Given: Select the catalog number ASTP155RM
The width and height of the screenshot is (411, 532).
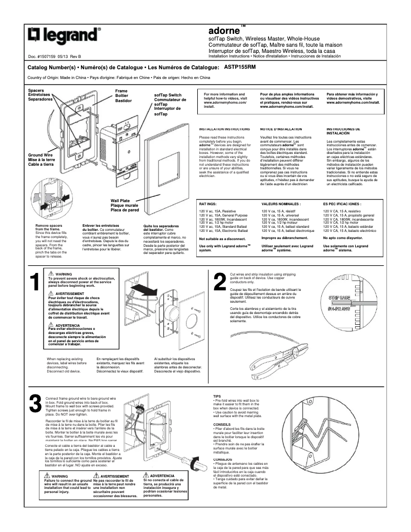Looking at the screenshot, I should coord(240,67).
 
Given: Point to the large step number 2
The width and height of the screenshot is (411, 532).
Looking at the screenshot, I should coord(219,282).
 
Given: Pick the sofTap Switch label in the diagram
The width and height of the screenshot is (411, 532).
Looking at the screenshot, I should coord(168,95).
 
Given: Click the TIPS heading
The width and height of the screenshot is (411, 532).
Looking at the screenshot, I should coord(217,397).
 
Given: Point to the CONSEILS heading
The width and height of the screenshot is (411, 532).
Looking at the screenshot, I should coord(221,425).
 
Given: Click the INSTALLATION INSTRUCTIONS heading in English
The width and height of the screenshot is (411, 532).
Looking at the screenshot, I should coord(224,129).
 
